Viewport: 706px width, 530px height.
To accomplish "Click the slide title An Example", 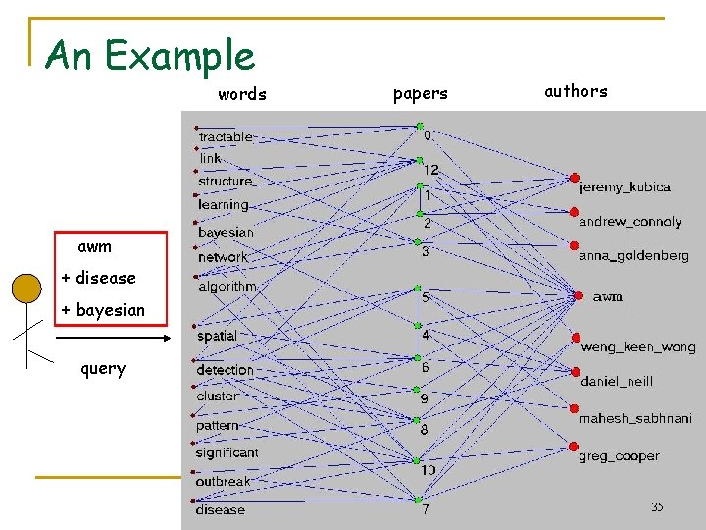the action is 150,55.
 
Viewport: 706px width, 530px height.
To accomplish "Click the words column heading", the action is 242,94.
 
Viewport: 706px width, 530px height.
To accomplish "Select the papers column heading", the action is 420,94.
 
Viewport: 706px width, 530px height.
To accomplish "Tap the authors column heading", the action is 576,91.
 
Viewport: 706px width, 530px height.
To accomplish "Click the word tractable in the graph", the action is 226,137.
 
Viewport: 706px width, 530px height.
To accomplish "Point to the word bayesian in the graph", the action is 226,232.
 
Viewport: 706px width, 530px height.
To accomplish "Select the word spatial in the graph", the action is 217,336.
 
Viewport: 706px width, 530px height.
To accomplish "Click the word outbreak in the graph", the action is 224,482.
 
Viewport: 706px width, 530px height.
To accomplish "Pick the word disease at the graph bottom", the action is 221,509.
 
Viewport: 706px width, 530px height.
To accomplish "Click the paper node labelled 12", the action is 419,160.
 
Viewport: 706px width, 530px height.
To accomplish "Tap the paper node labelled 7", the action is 419,499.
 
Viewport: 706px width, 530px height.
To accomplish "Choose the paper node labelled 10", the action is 418,459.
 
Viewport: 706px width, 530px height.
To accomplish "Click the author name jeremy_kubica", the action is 625,186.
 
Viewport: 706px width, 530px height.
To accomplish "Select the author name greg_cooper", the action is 618,456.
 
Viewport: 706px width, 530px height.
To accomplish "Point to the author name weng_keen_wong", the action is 637,347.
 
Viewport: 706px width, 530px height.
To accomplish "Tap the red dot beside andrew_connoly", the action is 574,211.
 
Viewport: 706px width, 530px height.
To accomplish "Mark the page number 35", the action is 657,507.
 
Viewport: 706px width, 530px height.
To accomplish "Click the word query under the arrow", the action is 103,369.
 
